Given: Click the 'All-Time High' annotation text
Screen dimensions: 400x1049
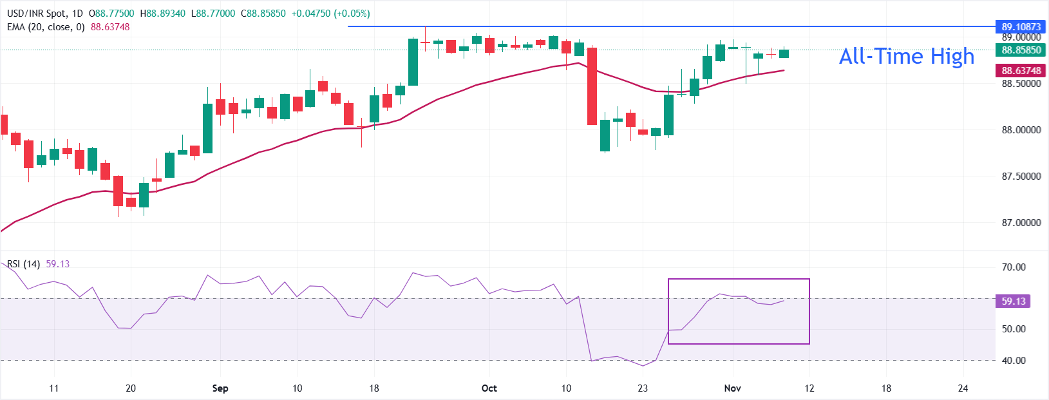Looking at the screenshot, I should point(906,57).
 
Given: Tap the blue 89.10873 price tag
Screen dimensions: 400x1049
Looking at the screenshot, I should point(1021,27).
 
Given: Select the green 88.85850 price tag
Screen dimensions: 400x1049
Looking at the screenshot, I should point(1021,50).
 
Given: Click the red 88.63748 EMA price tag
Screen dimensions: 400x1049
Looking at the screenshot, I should point(1021,71).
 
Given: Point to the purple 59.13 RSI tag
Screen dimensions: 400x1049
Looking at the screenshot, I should point(1013,301).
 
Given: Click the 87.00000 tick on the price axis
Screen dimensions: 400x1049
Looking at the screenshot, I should point(1021,223).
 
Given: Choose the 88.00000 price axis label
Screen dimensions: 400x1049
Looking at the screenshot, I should point(1021,130).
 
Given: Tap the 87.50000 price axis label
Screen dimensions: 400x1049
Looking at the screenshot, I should point(1021,176).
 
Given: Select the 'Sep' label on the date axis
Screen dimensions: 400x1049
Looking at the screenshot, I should point(220,388).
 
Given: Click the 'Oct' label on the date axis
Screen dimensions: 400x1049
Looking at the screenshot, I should point(489,388).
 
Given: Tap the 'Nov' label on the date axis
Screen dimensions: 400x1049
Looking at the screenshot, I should point(732,388).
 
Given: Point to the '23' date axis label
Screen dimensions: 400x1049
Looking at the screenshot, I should point(643,388).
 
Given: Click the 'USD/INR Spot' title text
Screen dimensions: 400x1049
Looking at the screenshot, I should point(36,14).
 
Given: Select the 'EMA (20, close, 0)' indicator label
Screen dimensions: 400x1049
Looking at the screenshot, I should point(46,27).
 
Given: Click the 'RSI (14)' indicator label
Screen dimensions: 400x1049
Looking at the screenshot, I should point(24,264).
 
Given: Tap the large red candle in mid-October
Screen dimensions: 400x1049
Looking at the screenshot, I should point(592,86).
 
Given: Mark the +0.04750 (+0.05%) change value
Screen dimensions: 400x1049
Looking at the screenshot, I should point(330,14).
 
